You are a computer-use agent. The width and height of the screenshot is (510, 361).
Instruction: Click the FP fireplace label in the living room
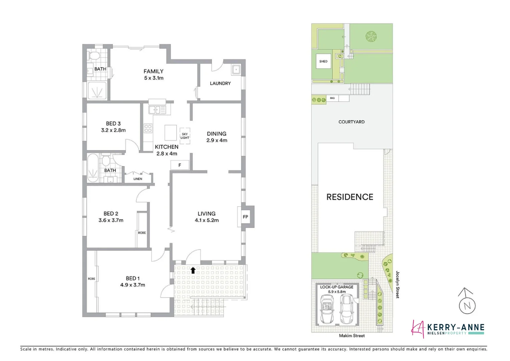pyautogui.click(x=245, y=217)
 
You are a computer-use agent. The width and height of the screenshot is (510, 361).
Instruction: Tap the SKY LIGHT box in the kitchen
pyautogui.click(x=185, y=136)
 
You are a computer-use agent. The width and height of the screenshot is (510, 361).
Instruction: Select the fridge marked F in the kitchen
pyautogui.click(x=180, y=165)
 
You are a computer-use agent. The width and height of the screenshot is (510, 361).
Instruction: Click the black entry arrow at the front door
pyautogui.click(x=193, y=270)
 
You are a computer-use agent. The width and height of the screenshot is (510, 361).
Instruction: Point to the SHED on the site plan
pyautogui.click(x=323, y=62)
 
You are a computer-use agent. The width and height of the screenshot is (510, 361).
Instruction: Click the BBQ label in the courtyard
pyautogui.click(x=332, y=98)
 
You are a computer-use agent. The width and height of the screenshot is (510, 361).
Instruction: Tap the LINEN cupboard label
pyautogui.click(x=138, y=179)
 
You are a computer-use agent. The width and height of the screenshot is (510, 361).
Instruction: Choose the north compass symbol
pyautogui.click(x=467, y=305)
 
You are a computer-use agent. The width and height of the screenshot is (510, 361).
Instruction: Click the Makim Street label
pyautogui.click(x=352, y=336)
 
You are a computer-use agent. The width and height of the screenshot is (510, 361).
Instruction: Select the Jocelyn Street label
pyautogui.click(x=398, y=284)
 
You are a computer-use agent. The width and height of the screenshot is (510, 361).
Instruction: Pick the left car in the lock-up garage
pyautogui.click(x=327, y=309)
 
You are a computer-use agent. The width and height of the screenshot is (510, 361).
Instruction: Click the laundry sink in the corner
pyautogui.click(x=236, y=69)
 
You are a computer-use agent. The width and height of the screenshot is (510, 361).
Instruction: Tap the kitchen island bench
pyautogui.click(x=171, y=132)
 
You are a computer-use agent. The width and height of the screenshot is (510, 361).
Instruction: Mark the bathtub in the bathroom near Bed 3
pyautogui.click(x=92, y=168)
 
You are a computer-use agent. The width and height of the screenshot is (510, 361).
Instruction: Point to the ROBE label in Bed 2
pyautogui.click(x=142, y=233)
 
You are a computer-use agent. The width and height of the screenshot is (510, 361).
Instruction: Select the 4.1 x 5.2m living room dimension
pyautogui.click(x=207, y=220)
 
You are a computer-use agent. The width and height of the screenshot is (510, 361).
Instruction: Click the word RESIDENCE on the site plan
pyautogui.click(x=349, y=197)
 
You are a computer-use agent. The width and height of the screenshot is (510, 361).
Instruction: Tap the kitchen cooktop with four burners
pyautogui.click(x=148, y=128)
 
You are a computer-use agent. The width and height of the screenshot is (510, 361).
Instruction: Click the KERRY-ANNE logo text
pyautogui.click(x=455, y=328)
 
